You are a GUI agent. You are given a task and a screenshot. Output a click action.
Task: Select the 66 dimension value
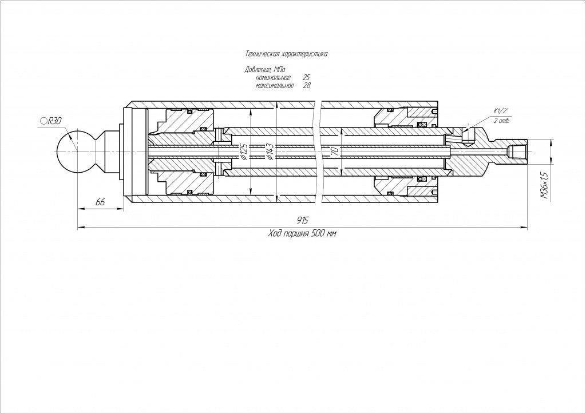pyautogui.click(x=100, y=202)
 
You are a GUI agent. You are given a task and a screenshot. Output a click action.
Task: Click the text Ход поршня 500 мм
pyautogui.click(x=302, y=234)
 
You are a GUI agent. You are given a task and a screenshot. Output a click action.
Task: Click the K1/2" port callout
pyautogui.click(x=501, y=111)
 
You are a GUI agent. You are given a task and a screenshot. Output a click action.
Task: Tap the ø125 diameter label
pyautogui.click(x=243, y=152)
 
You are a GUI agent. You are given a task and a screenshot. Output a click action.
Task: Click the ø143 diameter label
pyautogui.click(x=268, y=152)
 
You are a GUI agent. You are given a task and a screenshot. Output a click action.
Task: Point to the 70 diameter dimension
pyautogui.click(x=335, y=152)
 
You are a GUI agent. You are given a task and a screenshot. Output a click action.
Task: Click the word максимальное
pyautogui.click(x=275, y=86)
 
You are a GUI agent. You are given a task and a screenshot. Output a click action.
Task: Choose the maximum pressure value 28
pyautogui.click(x=307, y=86)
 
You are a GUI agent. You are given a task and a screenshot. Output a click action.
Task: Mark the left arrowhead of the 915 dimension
pyautogui.click(x=80, y=228)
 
